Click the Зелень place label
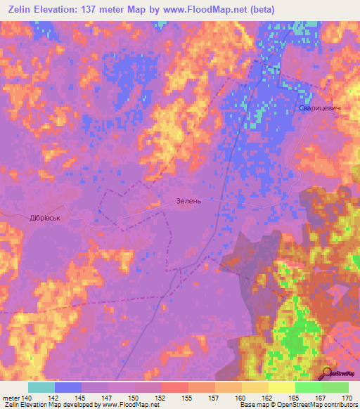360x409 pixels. pyautogui.click(x=188, y=201)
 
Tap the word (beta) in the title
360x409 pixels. pyautogui.click(x=259, y=9)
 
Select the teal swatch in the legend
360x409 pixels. pyautogui.click(x=41, y=387)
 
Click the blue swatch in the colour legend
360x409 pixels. pyautogui.click(x=68, y=387)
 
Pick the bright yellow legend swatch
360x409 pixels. pyautogui.click(x=281, y=387)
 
